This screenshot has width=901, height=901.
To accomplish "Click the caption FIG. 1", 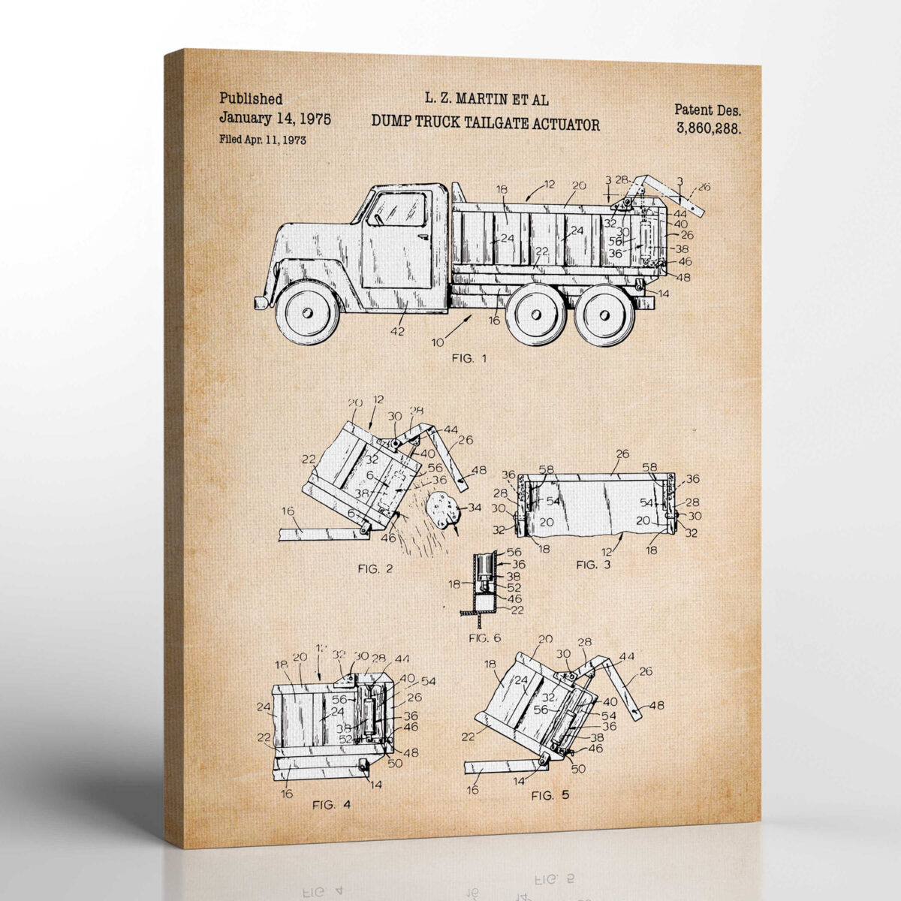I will coord(469,358).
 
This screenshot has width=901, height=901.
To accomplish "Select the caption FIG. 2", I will coord(375,568).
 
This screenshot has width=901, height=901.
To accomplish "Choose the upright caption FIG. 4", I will coord(331,805).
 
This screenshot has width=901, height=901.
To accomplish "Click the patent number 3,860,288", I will coord(709,128).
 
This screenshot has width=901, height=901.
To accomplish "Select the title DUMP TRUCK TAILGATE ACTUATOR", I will coord(486,124).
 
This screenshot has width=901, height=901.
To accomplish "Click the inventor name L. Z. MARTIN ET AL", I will coord(486,98).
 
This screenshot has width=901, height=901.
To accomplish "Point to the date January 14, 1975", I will coord(275,119).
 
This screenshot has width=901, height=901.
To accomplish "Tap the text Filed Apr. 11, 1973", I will coord(262,140).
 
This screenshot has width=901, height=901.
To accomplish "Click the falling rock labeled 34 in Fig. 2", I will coord(443,510).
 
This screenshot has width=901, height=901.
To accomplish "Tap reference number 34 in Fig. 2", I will coord(474,508).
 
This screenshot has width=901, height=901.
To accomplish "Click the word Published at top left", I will coord(251,98).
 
